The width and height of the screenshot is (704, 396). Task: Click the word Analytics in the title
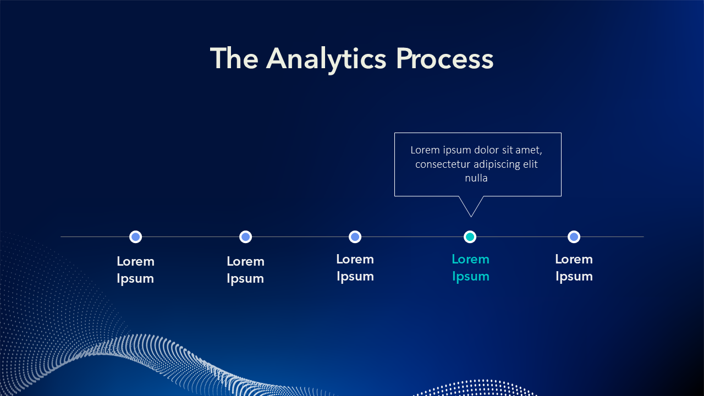click(326, 60)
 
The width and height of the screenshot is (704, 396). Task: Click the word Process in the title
click(445, 58)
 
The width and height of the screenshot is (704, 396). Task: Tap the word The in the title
click(234, 58)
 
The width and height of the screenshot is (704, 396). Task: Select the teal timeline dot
click(470, 237)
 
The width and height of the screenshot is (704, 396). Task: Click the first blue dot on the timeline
click(135, 237)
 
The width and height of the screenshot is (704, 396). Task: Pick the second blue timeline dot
click(245, 237)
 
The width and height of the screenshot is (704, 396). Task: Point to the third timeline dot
click(355, 237)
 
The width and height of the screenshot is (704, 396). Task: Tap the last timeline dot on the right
click(574, 237)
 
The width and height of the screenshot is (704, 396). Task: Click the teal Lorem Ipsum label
click(470, 268)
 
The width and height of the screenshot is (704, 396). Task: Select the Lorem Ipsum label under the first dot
click(135, 270)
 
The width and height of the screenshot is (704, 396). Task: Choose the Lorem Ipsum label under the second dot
click(245, 270)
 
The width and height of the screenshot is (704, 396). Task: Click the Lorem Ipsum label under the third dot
click(355, 268)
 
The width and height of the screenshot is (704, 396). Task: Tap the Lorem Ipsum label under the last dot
click(574, 268)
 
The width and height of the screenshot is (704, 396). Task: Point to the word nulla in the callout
click(476, 178)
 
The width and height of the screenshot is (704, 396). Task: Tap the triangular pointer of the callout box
click(471, 206)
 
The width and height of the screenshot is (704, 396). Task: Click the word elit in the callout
click(531, 164)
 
